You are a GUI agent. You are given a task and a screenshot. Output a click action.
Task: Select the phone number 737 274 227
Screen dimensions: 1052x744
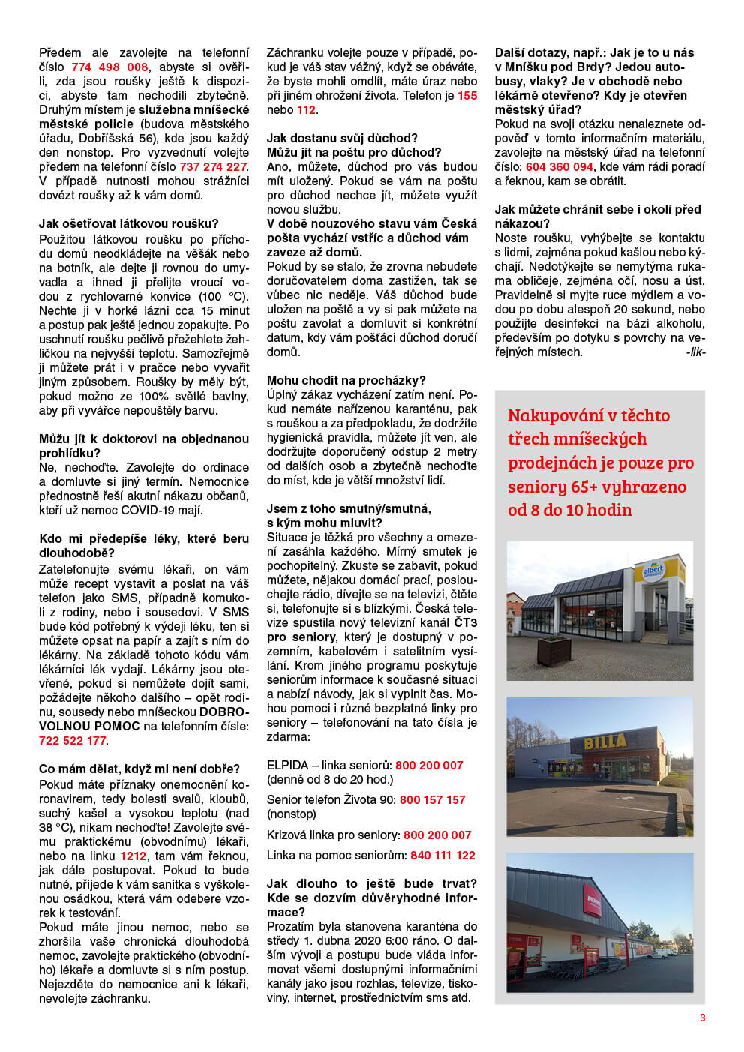coord(212,167)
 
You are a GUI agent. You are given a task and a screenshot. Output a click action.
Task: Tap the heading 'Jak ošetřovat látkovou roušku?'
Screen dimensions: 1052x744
coord(129,223)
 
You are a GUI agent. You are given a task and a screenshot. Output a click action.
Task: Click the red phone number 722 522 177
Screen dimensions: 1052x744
coord(73,741)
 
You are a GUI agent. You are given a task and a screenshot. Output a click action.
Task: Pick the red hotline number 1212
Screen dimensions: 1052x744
coord(133,856)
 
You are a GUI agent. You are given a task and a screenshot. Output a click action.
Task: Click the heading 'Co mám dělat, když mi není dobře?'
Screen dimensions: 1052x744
coord(139,769)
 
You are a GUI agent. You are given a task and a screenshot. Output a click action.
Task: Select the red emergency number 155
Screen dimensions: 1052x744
coord(467,96)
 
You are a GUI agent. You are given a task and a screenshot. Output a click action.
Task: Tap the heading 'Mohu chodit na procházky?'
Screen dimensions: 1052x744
coord(346,381)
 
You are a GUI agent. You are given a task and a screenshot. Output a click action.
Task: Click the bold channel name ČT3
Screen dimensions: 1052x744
coord(466,623)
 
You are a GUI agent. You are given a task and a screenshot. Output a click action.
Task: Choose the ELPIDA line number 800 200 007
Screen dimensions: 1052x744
coord(429,766)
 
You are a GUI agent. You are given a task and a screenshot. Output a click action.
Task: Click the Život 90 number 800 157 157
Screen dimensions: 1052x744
coord(433,800)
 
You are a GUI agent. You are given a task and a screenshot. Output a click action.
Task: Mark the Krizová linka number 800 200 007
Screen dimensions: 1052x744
coord(437,835)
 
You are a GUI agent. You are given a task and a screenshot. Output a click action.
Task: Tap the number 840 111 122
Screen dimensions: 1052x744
coord(442,856)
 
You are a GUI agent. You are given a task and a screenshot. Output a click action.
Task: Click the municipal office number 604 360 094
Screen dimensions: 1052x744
coord(559,167)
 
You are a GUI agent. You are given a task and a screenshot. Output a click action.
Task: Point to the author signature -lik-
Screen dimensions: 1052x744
coord(695,352)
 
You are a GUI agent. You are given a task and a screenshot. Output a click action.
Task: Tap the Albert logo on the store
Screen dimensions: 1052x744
coord(653,571)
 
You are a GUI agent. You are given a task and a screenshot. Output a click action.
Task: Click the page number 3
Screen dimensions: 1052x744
coord(702,1018)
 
